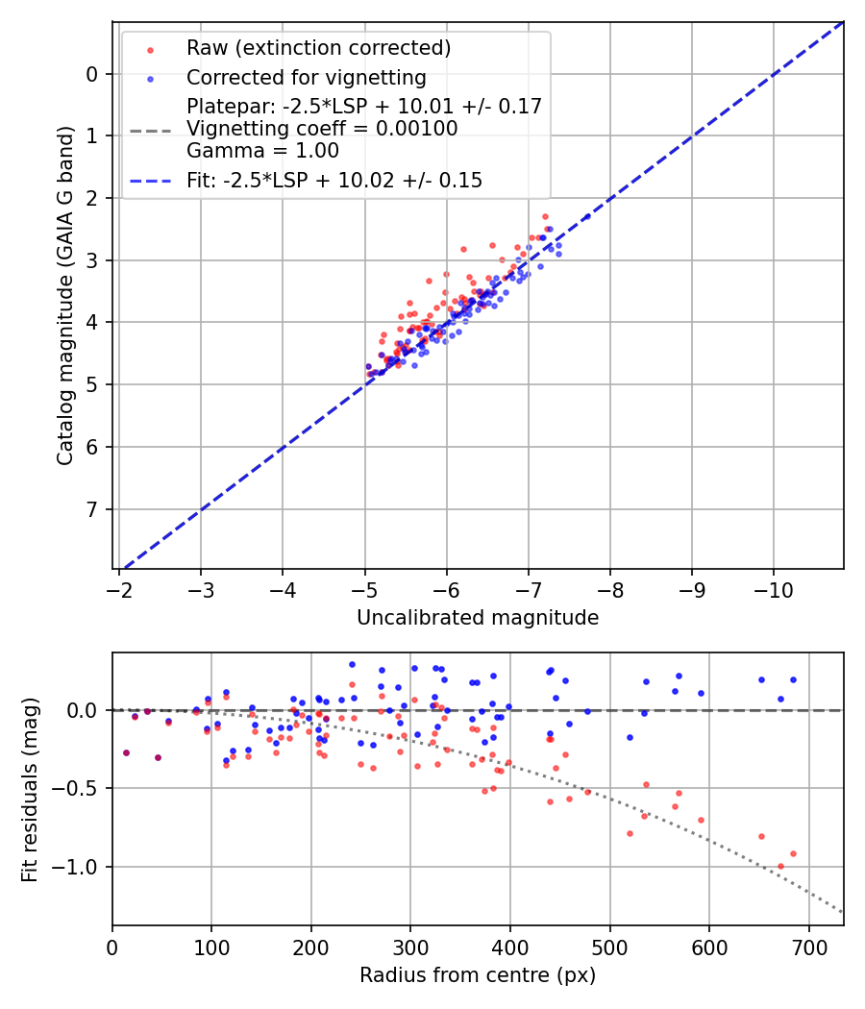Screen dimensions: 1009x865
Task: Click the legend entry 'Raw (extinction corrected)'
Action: [x=318, y=48]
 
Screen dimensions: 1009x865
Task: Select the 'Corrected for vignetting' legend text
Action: [x=306, y=77]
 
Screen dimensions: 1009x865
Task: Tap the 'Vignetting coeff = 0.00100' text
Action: [x=322, y=129]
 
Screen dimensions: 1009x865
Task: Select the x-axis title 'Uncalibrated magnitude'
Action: [x=478, y=618]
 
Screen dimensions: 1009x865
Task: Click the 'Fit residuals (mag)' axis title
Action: [x=30, y=789]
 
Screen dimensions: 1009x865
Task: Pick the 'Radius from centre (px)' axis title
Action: [x=478, y=975]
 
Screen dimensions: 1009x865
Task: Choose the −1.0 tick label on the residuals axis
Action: [x=81, y=867]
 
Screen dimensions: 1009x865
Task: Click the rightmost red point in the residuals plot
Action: [x=793, y=853]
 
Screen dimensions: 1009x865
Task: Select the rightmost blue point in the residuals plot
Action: [x=793, y=679]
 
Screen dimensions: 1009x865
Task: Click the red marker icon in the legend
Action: [x=147, y=49]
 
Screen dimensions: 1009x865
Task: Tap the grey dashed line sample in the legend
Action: [x=147, y=129]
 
